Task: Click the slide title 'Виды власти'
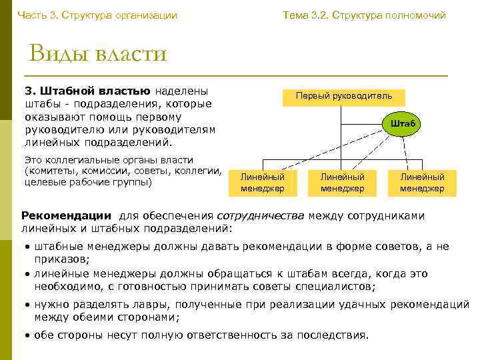coord(97,53)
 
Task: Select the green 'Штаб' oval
coord(403,123)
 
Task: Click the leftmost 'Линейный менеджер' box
coord(262,183)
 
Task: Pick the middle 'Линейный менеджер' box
coord(342,183)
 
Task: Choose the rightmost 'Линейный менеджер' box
coord(422,183)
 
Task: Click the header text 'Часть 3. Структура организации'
coord(97,15)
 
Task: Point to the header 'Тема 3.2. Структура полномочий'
coord(364,15)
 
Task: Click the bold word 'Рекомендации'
coord(66,216)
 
